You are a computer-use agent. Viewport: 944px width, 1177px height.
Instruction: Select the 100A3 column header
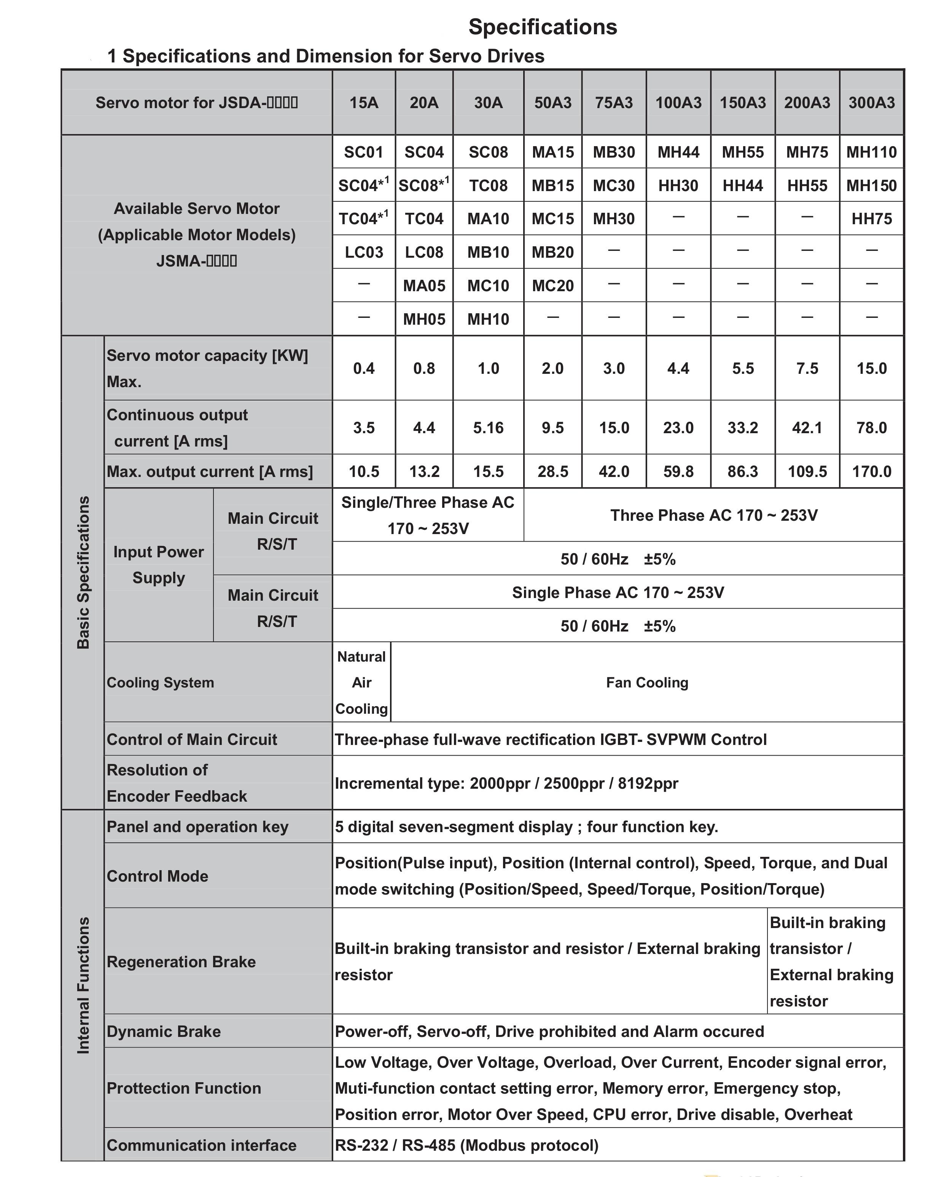click(678, 103)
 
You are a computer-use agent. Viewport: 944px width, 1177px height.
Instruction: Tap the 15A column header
click(364, 103)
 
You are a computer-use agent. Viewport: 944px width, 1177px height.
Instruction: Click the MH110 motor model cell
click(871, 152)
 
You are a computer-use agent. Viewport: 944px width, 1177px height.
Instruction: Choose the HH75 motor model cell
click(871, 219)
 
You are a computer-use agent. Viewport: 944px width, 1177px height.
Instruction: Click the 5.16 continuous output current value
click(489, 427)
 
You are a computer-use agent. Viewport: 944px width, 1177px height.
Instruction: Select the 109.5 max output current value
click(807, 471)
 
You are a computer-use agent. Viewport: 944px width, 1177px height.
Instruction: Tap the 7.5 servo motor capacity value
click(807, 368)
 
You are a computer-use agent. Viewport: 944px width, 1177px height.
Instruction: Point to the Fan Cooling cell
click(647, 683)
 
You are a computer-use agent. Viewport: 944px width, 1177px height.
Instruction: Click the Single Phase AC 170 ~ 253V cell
click(618, 592)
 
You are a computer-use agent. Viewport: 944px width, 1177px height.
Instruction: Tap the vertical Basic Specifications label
click(83, 572)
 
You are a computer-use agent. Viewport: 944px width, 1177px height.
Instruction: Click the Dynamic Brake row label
click(164, 1031)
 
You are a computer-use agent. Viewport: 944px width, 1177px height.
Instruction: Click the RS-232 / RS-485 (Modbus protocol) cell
click(466, 1145)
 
